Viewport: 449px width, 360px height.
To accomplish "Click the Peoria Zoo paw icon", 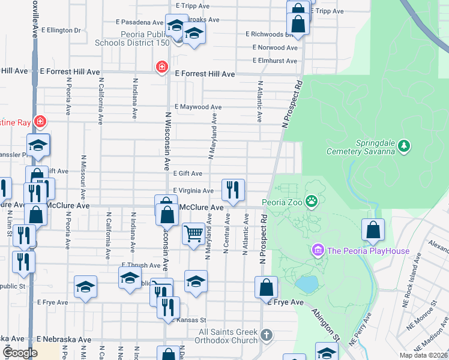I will [312, 202].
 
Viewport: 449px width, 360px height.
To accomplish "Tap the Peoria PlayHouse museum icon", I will [318, 249].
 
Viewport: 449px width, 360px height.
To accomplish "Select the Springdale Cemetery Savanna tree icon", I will [405, 146].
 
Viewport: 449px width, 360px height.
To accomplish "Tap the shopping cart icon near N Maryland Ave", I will [193, 234].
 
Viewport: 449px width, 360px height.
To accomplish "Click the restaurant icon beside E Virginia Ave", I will [233, 190].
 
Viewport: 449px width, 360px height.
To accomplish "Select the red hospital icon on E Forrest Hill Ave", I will [161, 67].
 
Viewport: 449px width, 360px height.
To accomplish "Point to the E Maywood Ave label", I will [198, 108].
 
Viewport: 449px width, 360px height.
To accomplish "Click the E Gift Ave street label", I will [187, 173].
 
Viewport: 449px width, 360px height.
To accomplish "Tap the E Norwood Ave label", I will [276, 47].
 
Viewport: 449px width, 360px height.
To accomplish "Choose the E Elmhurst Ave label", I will [276, 61].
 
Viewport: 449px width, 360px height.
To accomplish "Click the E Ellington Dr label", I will [60, 30].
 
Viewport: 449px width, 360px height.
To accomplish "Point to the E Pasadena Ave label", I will [142, 22].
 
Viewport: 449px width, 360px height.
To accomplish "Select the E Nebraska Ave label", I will [64, 340].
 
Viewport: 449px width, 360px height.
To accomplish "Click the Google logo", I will [20, 353].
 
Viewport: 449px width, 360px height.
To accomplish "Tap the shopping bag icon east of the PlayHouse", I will [373, 229].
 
